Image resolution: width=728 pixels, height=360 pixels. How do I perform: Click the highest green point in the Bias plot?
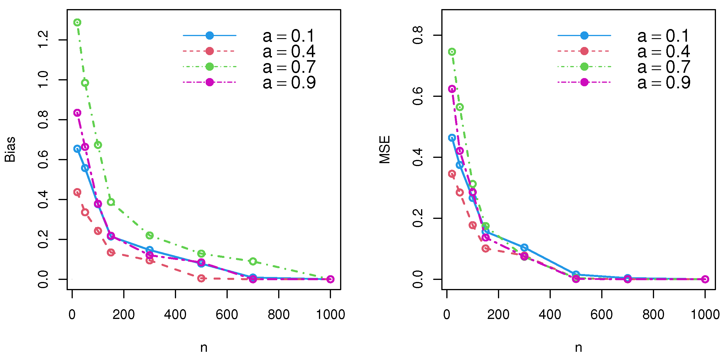(x=77, y=22)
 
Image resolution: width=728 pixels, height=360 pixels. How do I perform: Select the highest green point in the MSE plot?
(x=452, y=52)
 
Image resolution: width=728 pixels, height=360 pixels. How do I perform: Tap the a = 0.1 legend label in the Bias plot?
(x=288, y=36)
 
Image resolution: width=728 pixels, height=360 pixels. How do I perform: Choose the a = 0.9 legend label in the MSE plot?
(x=663, y=82)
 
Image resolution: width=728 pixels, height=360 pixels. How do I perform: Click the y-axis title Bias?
(x=10, y=149)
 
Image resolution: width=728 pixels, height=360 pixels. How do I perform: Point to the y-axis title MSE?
(x=385, y=149)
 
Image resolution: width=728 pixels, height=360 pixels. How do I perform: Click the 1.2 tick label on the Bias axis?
(x=43, y=40)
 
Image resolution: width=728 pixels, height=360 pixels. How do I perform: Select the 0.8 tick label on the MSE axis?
(x=418, y=35)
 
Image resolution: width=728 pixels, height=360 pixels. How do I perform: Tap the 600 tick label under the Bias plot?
(x=227, y=315)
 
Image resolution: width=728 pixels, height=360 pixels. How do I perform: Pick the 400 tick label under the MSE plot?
(x=550, y=315)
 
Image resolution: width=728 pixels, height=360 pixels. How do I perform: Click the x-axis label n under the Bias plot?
(x=204, y=348)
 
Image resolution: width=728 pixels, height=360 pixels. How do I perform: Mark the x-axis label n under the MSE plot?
(x=578, y=348)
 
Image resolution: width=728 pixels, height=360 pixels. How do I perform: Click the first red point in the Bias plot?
(x=77, y=192)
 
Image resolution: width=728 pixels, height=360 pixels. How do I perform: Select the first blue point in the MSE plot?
(x=452, y=138)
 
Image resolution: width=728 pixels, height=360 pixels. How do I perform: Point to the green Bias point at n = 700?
(x=253, y=261)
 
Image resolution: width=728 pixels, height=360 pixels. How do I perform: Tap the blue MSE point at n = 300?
(x=524, y=247)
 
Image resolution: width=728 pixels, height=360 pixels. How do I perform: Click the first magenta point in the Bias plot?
(x=77, y=113)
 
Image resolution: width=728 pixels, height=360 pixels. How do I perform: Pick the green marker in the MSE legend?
(x=584, y=67)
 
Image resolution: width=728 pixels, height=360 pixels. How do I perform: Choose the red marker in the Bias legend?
(x=210, y=51)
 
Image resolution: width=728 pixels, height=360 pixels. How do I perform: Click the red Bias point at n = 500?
(x=201, y=278)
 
